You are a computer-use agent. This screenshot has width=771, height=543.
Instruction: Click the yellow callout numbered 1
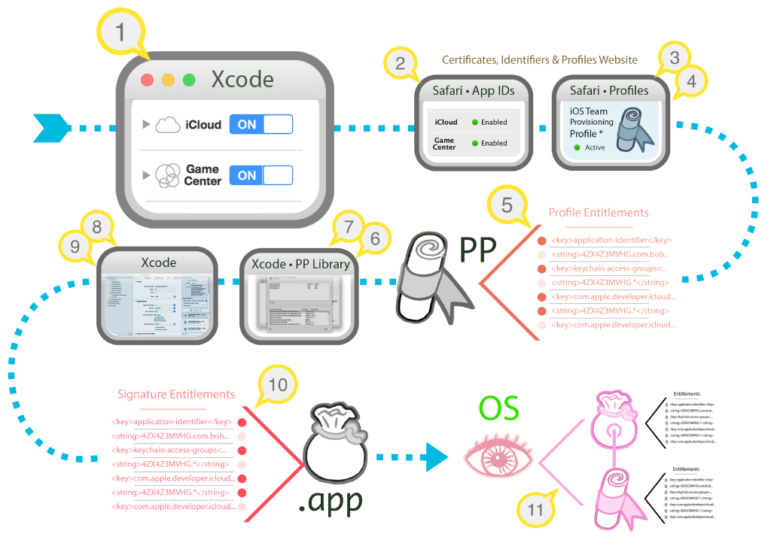[x=119, y=33]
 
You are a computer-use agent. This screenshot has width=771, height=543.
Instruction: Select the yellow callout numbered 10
[x=278, y=384]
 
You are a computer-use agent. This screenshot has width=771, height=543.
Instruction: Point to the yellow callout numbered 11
[x=535, y=510]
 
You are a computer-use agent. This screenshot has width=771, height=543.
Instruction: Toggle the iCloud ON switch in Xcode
[x=261, y=124]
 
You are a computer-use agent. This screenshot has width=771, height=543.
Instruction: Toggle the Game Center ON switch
[x=261, y=175]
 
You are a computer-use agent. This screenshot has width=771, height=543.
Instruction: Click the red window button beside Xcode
[x=147, y=80]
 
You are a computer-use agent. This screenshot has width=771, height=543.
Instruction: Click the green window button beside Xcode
[x=189, y=80]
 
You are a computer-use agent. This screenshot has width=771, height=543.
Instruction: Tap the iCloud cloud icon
[x=168, y=126]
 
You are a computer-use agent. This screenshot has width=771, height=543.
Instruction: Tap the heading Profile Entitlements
[x=599, y=213]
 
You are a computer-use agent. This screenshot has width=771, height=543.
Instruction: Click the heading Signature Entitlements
[x=176, y=394]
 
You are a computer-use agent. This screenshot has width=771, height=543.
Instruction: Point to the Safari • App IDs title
[x=474, y=90]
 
